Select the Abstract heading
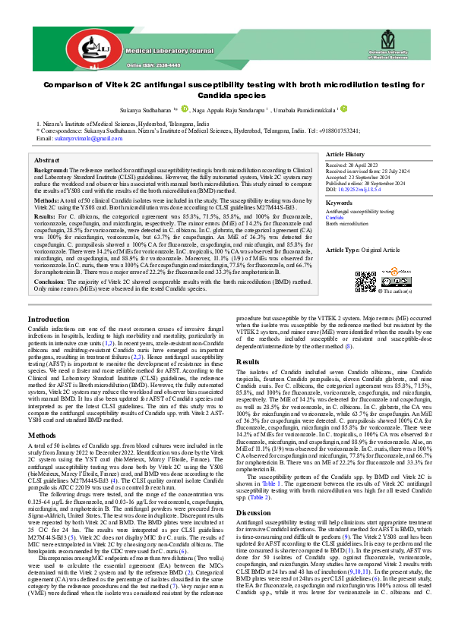point(46,161)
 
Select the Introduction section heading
point(49,319)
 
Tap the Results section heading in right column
point(248,362)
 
